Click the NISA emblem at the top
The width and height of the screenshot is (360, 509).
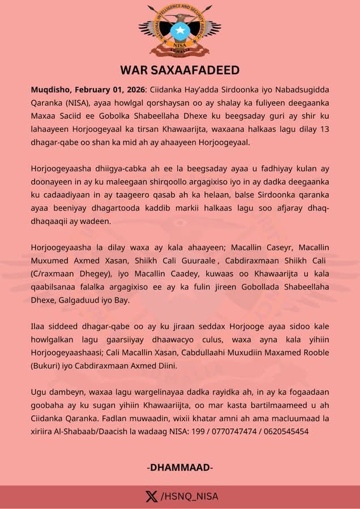[180, 29]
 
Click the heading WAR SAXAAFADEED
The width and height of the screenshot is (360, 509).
[180, 70]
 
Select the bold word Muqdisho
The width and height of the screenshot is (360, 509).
[51, 90]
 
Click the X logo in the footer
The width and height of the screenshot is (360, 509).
[151, 497]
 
